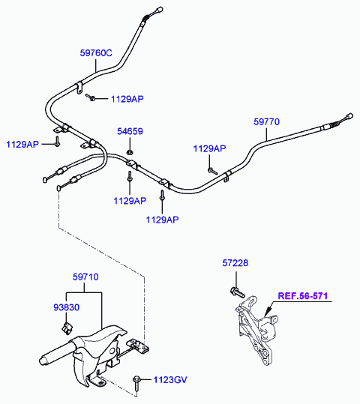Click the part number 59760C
coord(96,52)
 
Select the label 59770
coord(266,121)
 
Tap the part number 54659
coord(130,131)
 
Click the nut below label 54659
coord(130,152)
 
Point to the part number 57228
coord(235,263)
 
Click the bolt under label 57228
coord(237,292)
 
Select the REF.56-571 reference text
coord(303,296)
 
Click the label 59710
coord(85,277)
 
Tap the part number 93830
coord(66,307)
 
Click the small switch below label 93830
coord(67,328)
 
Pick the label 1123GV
coord(170,380)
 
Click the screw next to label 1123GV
coord(136,383)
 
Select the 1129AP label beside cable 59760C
coord(127,99)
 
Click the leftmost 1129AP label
coord(22,144)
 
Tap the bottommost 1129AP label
coord(162,220)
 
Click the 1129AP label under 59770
coord(209,148)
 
